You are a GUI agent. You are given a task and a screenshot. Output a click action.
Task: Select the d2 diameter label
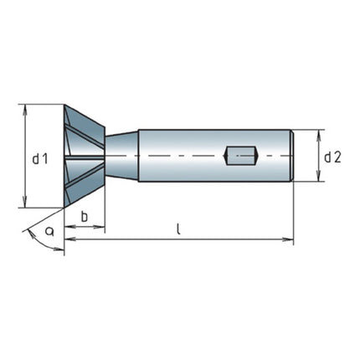(332, 157)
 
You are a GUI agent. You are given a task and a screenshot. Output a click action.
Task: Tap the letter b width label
(85, 217)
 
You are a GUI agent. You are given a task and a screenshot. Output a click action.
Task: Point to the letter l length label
(179, 228)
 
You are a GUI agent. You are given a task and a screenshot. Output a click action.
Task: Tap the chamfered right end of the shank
(291, 157)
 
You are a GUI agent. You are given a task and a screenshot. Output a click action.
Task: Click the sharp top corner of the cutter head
(65, 105)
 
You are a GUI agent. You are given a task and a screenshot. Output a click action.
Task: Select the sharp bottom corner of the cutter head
(65, 208)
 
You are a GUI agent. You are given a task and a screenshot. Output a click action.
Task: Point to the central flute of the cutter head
(84, 157)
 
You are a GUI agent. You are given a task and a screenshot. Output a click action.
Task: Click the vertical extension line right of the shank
(294, 209)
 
